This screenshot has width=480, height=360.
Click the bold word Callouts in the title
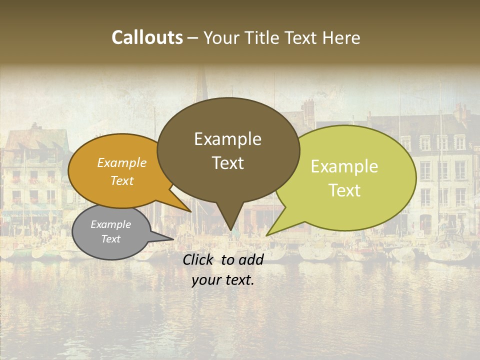tap(147, 37)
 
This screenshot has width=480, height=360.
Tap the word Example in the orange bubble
tap(122, 162)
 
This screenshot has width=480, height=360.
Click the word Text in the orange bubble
tap(122, 180)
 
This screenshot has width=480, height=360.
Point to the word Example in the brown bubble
tap(227, 139)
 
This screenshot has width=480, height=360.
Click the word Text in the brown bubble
tap(227, 163)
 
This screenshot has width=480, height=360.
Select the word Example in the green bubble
tap(344, 166)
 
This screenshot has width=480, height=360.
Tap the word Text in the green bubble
tap(344, 190)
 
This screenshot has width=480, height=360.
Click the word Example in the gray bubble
tap(111, 224)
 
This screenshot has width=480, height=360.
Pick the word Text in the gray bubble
tap(111, 239)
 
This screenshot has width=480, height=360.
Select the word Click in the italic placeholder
tap(199, 259)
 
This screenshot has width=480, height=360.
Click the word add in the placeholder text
tap(250, 259)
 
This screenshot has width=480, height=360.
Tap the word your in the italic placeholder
tap(205, 280)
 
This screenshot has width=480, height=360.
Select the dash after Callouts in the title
tap(193, 38)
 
